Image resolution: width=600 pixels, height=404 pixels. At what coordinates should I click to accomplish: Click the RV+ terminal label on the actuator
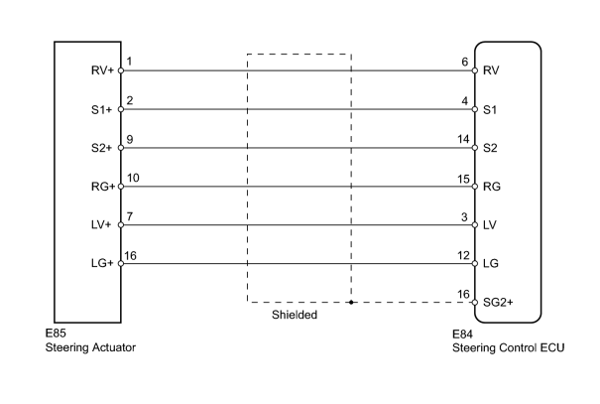click(x=102, y=70)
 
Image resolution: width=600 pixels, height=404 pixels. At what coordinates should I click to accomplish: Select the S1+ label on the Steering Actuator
click(x=102, y=110)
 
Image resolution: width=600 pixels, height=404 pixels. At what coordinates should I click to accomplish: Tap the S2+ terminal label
click(x=102, y=148)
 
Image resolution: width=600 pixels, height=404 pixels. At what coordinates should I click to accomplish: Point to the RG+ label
click(x=103, y=187)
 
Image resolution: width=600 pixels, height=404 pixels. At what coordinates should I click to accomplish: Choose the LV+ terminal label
click(x=101, y=224)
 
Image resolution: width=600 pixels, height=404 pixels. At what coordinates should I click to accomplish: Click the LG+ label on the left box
click(x=102, y=263)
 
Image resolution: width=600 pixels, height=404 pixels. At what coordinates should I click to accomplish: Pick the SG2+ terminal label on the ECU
click(x=498, y=303)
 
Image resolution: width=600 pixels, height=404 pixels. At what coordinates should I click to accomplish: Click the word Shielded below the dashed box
click(x=295, y=315)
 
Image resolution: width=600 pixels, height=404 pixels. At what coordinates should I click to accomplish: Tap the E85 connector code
click(x=56, y=334)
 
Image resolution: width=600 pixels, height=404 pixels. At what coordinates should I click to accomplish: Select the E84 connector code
click(x=462, y=335)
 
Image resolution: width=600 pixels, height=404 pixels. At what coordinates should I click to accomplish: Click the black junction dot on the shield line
click(x=351, y=303)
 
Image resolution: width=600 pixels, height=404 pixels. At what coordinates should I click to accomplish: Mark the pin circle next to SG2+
click(x=475, y=303)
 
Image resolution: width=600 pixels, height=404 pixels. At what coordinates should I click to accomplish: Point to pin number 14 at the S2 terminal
click(x=463, y=139)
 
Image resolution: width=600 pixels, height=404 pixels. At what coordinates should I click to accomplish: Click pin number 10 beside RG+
click(x=133, y=178)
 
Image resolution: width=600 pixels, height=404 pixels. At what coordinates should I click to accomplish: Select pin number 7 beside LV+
click(x=130, y=216)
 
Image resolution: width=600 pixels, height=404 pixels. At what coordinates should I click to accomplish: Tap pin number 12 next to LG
click(x=463, y=255)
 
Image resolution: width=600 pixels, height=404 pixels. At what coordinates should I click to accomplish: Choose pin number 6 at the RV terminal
click(x=465, y=62)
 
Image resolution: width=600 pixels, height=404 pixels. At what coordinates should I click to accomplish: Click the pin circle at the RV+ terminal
click(x=121, y=70)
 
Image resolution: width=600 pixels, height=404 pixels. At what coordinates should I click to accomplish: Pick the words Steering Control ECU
click(x=508, y=348)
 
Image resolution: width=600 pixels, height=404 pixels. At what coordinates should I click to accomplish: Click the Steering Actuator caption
click(x=90, y=347)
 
